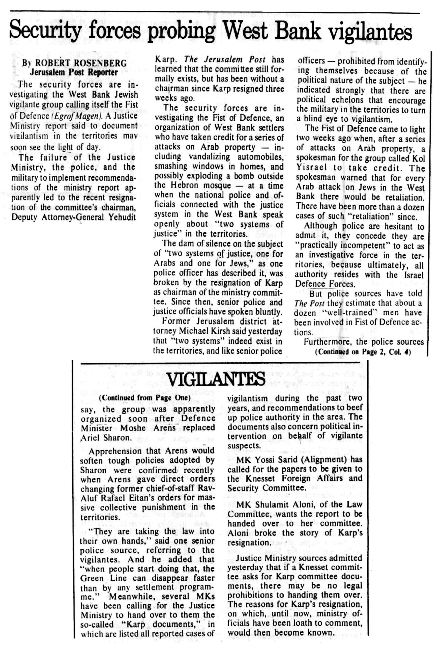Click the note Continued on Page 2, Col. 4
click(x=363, y=352)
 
